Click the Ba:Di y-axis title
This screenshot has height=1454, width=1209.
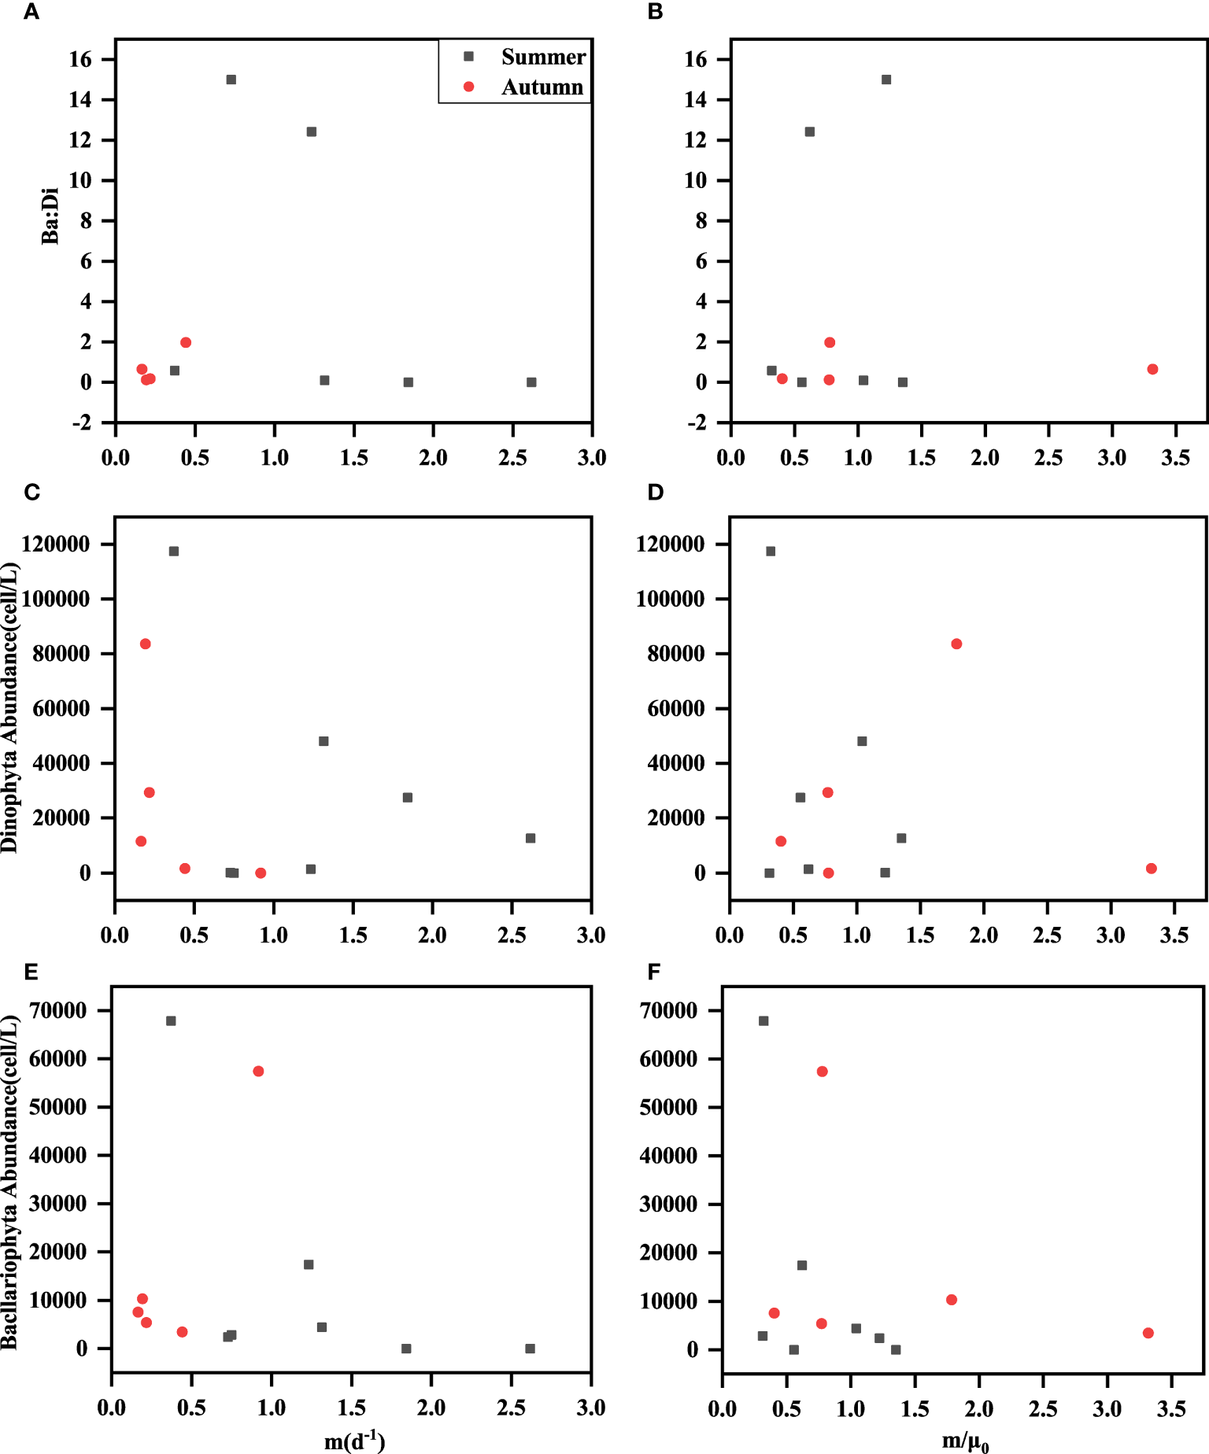click(50, 216)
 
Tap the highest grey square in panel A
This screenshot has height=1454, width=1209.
click(231, 79)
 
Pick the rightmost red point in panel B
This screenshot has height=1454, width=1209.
click(1152, 369)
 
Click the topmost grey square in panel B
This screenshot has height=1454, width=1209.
click(886, 79)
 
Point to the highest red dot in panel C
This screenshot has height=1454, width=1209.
click(145, 644)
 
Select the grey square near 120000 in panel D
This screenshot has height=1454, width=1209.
click(771, 551)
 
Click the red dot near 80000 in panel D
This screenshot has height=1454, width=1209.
click(956, 644)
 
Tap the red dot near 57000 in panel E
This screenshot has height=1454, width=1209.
click(258, 1071)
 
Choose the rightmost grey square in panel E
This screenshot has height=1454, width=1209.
click(530, 1348)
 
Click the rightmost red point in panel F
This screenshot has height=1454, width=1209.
click(1148, 1333)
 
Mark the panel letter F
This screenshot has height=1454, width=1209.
click(653, 972)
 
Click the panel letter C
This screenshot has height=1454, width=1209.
click(31, 493)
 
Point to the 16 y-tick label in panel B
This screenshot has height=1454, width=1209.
click(696, 59)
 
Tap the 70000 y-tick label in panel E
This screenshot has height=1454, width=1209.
click(58, 1010)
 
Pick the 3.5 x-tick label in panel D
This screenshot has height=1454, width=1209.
click(1174, 935)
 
